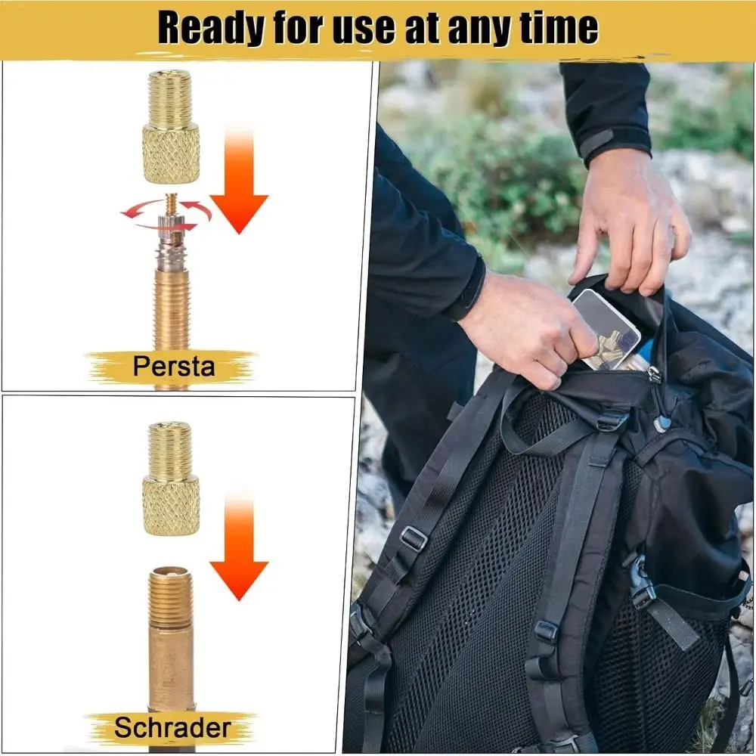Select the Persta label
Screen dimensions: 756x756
point(174,366)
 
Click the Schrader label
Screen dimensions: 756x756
point(172,727)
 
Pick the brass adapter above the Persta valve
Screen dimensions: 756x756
point(171,127)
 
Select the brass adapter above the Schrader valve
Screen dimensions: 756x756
point(171,479)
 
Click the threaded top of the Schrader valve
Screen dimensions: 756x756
point(171,596)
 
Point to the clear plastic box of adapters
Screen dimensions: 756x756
point(606,330)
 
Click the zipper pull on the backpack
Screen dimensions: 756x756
point(654,375)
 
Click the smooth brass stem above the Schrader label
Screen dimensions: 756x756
point(171,669)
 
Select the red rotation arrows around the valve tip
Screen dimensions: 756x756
point(166,214)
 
